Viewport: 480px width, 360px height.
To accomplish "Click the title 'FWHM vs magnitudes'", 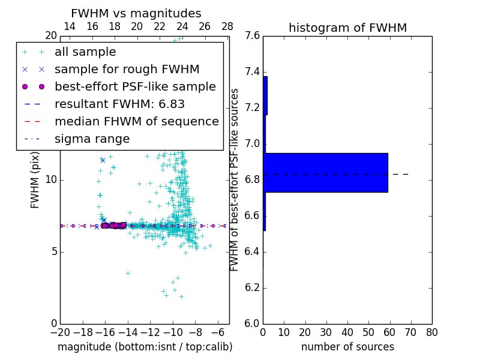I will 136,13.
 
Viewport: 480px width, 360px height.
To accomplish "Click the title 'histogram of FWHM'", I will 347,28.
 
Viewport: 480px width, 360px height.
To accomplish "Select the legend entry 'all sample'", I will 85,52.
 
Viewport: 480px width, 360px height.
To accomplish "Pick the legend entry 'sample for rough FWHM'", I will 127,70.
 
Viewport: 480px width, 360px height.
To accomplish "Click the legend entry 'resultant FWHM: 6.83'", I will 119,104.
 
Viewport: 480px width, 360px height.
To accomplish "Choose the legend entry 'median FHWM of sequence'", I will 136,122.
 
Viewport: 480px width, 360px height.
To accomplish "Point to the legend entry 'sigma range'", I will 92,139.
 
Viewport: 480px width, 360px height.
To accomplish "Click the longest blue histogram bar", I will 325,172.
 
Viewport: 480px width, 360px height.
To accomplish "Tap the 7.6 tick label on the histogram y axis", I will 253,36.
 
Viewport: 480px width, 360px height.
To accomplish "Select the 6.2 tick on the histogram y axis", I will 253,288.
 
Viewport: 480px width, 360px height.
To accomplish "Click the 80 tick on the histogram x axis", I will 431,332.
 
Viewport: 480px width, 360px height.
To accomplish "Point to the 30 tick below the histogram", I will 326,332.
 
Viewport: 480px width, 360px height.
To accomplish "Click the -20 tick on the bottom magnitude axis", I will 60,332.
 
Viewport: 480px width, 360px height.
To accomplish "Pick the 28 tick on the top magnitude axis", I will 227,27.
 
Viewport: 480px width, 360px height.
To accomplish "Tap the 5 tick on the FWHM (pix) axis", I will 52,251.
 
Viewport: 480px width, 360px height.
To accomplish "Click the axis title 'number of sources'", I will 347,347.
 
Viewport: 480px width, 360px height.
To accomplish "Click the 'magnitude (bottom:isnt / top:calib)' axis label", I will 145,347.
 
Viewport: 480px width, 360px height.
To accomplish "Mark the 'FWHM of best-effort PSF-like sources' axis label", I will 235,179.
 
